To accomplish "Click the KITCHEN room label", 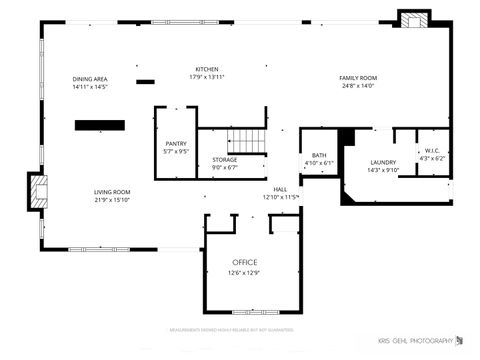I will pyautogui.click(x=207, y=68).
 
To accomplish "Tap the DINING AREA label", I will pyautogui.click(x=90, y=79).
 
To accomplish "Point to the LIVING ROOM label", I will pyautogui.click(x=113, y=192).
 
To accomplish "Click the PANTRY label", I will pyautogui.click(x=175, y=144).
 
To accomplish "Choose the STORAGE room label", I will pyautogui.click(x=224, y=159).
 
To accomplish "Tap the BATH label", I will pyautogui.click(x=318, y=155).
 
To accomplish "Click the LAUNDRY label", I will pyautogui.click(x=383, y=162).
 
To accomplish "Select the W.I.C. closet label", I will pyautogui.click(x=432, y=150).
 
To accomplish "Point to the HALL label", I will pyautogui.click(x=281, y=189).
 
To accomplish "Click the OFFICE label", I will pyautogui.click(x=244, y=262).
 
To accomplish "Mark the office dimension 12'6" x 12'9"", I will pyautogui.click(x=244, y=273).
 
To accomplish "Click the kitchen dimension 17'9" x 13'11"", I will pyautogui.click(x=207, y=77).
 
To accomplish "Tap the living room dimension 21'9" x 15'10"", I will pyautogui.click(x=113, y=200).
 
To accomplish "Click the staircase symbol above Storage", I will pyautogui.click(x=244, y=141).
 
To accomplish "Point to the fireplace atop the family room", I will pyautogui.click(x=413, y=19).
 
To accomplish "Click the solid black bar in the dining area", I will pyautogui.click(x=99, y=125).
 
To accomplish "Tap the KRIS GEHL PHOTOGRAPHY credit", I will pyautogui.click(x=422, y=341).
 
